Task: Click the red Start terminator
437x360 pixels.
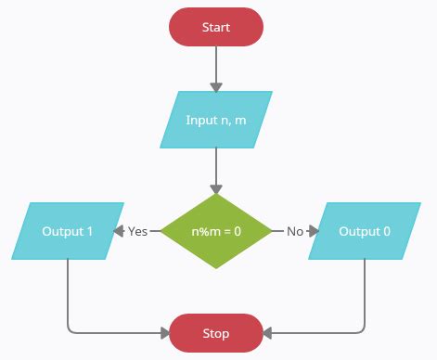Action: (x=216, y=27)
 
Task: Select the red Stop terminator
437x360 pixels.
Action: (x=216, y=332)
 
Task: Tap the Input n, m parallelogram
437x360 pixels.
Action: (x=216, y=120)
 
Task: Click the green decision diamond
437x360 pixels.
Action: (x=216, y=231)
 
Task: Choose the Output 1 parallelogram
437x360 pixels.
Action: (x=68, y=231)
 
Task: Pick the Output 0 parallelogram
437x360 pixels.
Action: (x=365, y=231)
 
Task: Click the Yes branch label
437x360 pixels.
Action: (x=138, y=231)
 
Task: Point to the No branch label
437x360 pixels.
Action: (x=295, y=231)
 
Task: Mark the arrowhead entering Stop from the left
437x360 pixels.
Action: (x=164, y=332)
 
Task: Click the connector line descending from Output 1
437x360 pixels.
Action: (x=68, y=292)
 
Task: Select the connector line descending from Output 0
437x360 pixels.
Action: (x=365, y=292)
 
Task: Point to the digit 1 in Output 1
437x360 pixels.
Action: (x=90, y=231)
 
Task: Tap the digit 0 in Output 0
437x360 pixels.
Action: (x=387, y=231)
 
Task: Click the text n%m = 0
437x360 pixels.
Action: (x=216, y=231)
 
